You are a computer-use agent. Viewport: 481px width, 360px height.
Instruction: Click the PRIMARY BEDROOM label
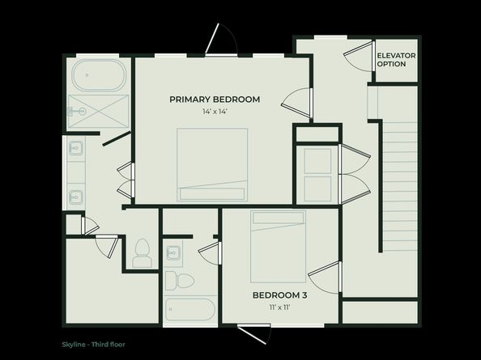(x=215, y=100)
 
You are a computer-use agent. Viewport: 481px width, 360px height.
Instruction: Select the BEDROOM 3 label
(x=279, y=295)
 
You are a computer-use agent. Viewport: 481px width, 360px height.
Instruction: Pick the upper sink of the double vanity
(x=76, y=148)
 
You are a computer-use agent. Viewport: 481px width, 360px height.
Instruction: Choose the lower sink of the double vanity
(x=76, y=196)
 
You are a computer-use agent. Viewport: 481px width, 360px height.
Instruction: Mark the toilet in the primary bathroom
(x=143, y=252)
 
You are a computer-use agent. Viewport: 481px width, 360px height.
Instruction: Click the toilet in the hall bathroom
(x=179, y=281)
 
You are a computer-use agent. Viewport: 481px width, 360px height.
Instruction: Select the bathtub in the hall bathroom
(x=189, y=311)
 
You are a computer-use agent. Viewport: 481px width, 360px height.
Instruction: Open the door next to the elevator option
(x=357, y=55)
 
